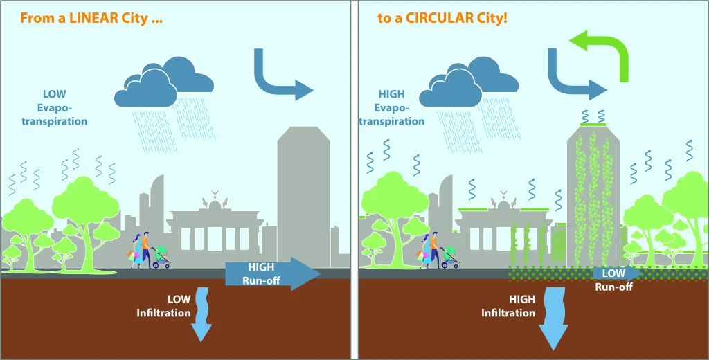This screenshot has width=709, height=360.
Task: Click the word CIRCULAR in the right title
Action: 441,17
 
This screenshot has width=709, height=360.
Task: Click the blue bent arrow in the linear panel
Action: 279,78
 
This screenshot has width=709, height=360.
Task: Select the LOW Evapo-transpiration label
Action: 64,107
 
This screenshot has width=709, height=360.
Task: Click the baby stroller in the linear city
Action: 161,257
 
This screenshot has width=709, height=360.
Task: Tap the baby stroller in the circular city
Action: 450,257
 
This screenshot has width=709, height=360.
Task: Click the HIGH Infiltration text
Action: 509,306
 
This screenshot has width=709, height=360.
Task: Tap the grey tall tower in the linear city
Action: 304,194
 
